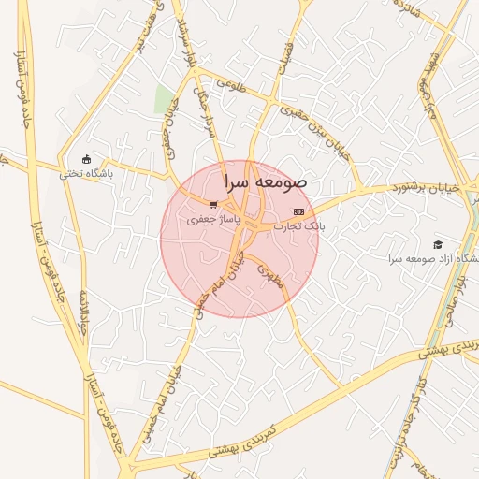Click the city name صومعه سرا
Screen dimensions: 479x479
[x=266, y=182]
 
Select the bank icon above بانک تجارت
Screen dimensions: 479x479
[x=298, y=212]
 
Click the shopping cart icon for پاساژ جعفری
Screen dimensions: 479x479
[x=214, y=205]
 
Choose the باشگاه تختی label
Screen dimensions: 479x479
[x=86, y=173]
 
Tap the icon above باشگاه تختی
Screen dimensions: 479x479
[x=87, y=159]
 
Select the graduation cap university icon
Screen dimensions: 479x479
[x=438, y=244]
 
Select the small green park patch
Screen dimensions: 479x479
[x=165, y=99]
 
